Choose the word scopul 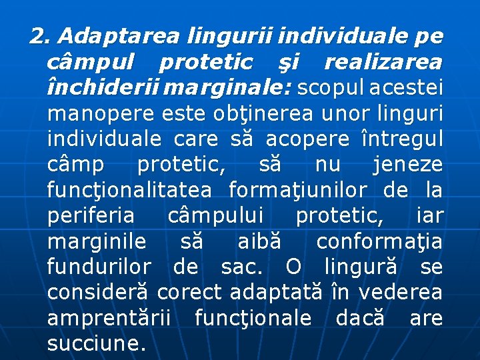pyautogui.click(x=331, y=88)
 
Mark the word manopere pyautogui.click(x=101, y=114)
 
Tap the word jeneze pyautogui.click(x=408, y=165)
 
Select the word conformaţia pyautogui.click(x=379, y=241)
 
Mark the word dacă pyautogui.click(x=360, y=318)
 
